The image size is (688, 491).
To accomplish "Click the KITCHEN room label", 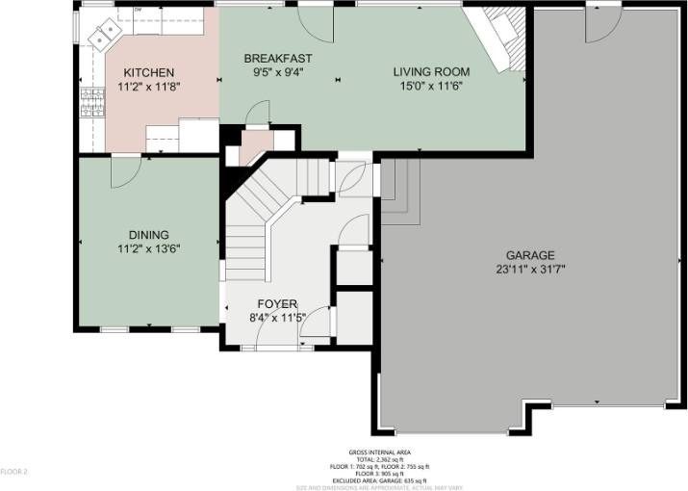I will [x=148, y=72].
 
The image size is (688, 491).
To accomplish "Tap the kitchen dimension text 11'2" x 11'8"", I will [x=148, y=86].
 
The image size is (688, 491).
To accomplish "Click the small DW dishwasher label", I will [x=138, y=10].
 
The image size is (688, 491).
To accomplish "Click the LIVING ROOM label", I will [x=430, y=71].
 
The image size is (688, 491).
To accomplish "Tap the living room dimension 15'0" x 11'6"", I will [x=430, y=85].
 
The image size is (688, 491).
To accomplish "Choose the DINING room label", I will [x=149, y=234].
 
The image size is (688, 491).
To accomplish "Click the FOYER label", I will [x=276, y=304].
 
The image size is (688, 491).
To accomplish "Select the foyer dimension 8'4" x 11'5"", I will [x=276, y=317].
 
